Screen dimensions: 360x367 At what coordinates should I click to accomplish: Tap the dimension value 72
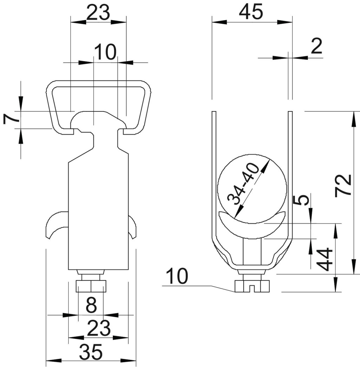click(343, 185)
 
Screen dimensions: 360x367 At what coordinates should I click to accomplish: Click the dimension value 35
click(91, 352)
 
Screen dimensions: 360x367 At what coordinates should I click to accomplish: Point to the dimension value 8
click(91, 305)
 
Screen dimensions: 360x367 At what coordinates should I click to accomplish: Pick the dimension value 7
click(11, 118)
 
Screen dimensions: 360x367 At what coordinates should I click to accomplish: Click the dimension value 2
click(317, 46)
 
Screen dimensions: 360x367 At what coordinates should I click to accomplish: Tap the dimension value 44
click(324, 259)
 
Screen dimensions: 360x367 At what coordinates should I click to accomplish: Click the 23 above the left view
click(98, 13)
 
